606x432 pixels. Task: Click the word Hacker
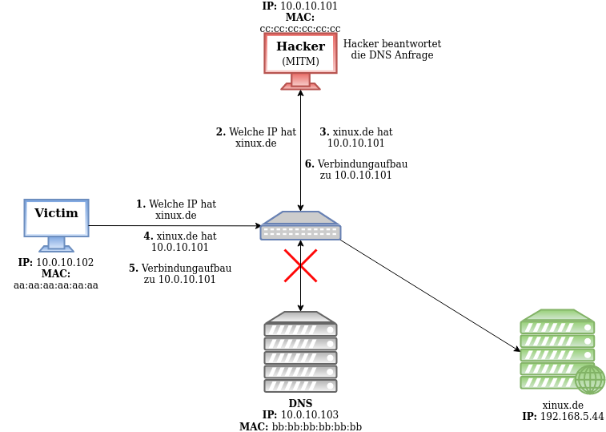[300, 47]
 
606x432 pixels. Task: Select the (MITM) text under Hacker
[300, 62]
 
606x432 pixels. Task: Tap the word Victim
[56, 214]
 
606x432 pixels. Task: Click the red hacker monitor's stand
[300, 82]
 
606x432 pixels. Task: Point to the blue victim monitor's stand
[56, 244]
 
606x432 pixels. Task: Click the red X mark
[300, 265]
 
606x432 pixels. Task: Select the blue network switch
[300, 226]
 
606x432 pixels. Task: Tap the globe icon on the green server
[590, 379]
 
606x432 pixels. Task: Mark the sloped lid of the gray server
[300, 317]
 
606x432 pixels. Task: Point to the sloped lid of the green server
[557, 315]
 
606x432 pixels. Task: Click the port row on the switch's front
[300, 232]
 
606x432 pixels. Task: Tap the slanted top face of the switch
[300, 218]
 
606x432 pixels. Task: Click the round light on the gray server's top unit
[330, 329]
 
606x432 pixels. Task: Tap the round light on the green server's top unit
[587, 327]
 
